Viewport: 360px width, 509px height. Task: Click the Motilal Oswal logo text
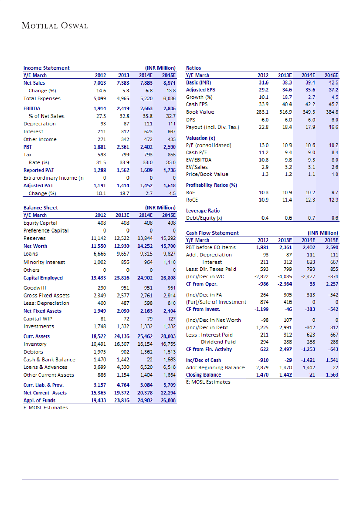[55, 26]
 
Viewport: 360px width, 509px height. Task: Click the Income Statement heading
[46, 68]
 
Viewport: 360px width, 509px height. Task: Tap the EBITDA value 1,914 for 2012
[100, 108]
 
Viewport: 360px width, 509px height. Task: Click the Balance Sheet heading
[41, 208]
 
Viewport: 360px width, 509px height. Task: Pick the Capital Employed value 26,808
[168, 278]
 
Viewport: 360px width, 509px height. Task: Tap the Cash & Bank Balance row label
[49, 360]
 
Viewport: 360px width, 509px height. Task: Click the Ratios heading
[193, 68]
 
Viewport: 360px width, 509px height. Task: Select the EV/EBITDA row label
[199, 160]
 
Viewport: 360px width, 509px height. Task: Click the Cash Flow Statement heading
[212, 233]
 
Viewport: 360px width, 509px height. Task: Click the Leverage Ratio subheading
[203, 211]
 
